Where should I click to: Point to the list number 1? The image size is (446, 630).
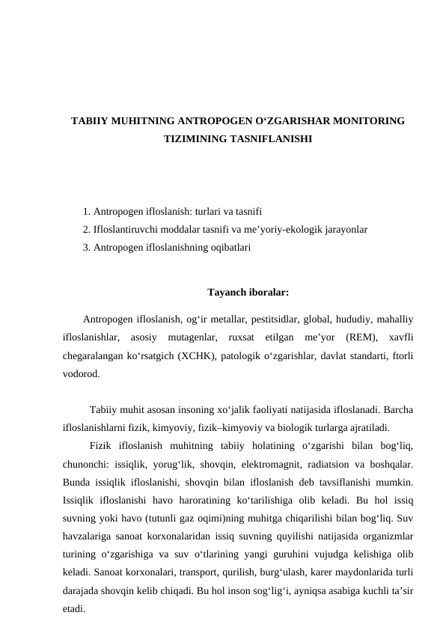(88, 212)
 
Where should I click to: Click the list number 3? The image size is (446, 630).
(88, 245)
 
